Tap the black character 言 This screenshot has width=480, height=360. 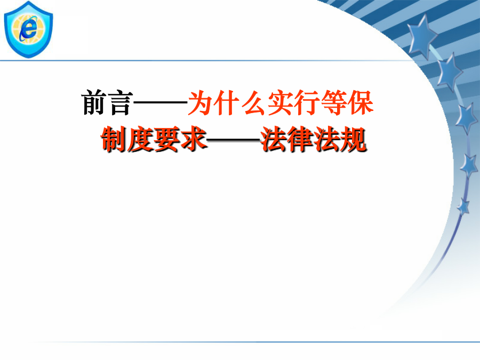[121, 103]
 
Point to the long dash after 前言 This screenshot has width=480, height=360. [161, 102]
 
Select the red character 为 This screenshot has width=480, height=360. [201, 102]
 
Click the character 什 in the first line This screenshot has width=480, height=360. [227, 102]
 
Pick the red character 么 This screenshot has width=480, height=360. [254, 102]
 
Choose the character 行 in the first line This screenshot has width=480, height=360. [307, 102]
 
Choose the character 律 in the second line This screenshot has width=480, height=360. [301, 140]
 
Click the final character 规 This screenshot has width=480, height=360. [354, 140]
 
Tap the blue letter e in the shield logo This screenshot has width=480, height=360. [29, 29]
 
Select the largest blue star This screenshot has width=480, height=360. [423, 36]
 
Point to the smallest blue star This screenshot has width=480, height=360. [463, 206]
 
